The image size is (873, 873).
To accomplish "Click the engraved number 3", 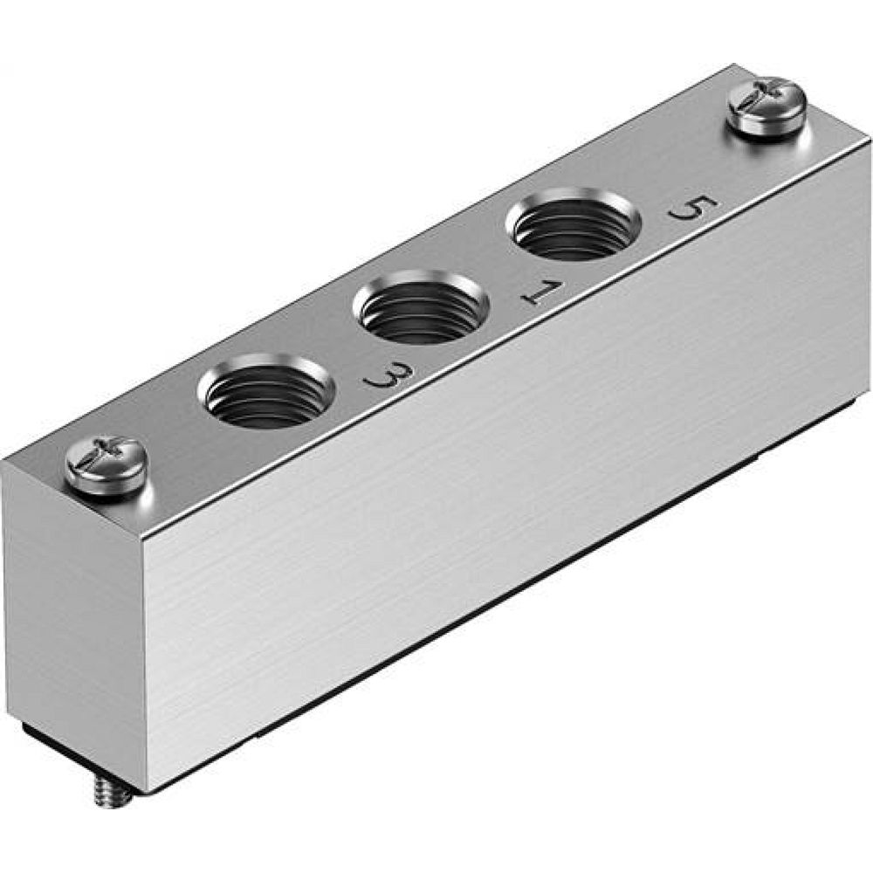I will (384, 378).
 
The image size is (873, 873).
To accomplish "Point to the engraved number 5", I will (692, 209).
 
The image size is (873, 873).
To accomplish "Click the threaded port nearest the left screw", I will (266, 390).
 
